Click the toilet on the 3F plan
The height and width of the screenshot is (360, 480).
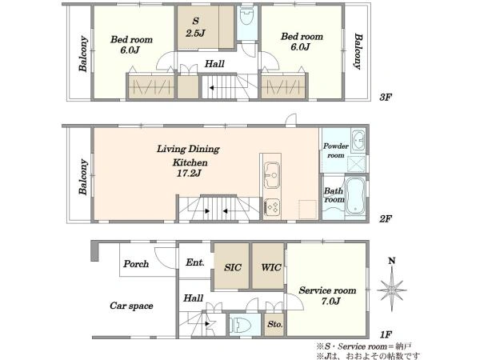[x=246, y=17]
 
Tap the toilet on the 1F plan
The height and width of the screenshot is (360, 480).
[x=240, y=325]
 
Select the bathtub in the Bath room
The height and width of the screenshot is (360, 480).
[x=355, y=195]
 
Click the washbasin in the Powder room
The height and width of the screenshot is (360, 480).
[x=358, y=140]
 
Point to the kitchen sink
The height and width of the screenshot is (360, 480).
[x=272, y=174]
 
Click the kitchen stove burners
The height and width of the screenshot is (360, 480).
[x=272, y=206]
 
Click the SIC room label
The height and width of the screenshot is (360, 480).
[x=233, y=267]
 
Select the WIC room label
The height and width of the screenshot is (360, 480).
[x=271, y=267]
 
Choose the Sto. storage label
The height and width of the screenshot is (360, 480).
[x=275, y=324]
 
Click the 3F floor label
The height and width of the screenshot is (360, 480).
[x=386, y=98]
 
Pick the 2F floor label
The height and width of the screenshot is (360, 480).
[x=386, y=218]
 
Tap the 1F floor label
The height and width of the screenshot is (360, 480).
[x=386, y=334]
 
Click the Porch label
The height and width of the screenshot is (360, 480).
[x=136, y=263]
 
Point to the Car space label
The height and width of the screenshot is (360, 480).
[x=131, y=306]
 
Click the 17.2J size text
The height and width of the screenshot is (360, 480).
[x=189, y=174]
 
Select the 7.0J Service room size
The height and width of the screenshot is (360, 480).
[x=330, y=302]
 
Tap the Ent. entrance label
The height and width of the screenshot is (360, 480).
[x=195, y=262]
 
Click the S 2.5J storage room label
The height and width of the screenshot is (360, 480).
[x=195, y=27]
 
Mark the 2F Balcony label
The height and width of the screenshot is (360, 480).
[x=83, y=177]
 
